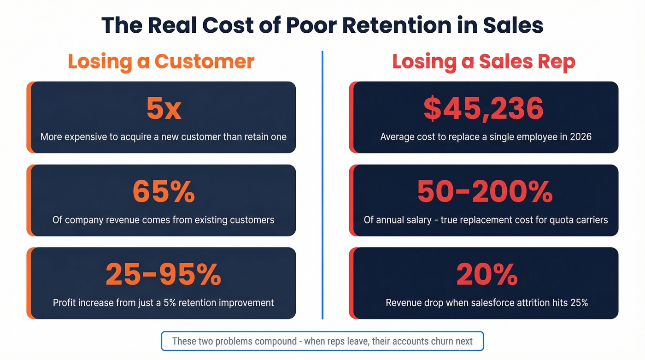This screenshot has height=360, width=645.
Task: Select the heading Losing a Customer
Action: pos(161,61)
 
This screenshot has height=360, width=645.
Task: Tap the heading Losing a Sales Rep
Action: pos(484,61)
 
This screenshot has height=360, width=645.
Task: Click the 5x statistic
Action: pos(164,109)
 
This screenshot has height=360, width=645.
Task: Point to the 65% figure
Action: pos(164,192)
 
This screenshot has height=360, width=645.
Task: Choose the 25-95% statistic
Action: pos(164,275)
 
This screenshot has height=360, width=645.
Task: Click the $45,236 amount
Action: pos(484,109)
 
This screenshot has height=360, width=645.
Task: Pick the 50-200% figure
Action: pos(485,192)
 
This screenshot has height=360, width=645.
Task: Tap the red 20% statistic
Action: pos(487,275)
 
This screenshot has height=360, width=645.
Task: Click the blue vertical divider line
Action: pos(322,184)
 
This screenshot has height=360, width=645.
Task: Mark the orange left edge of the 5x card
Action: pos(29,118)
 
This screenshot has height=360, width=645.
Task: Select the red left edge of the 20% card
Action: pos(352,283)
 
